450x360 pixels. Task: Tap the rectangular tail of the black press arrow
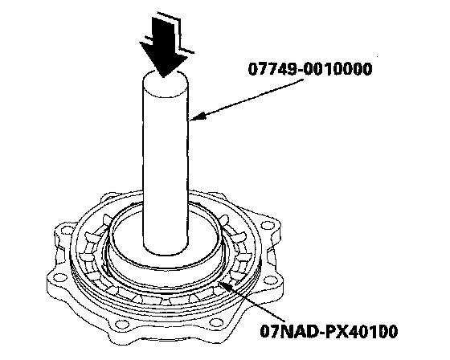coord(162,31)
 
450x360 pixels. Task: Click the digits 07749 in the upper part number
coord(272,69)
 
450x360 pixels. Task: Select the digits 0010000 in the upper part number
coord(337,69)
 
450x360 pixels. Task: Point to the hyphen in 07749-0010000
coord(299,70)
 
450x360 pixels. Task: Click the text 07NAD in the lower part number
coord(289,331)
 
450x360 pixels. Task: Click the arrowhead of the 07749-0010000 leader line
coord(198,117)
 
